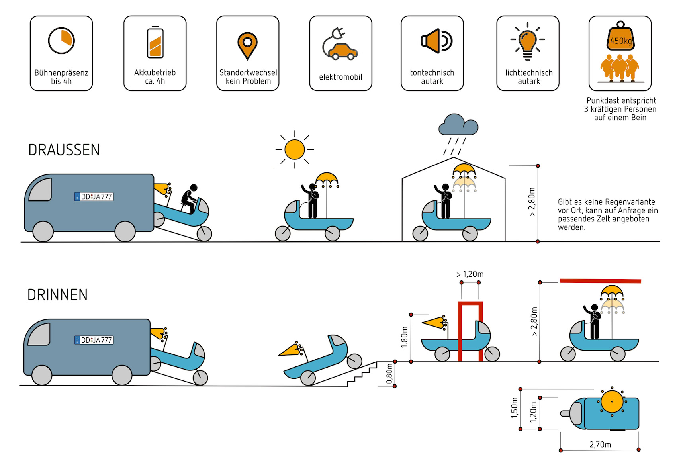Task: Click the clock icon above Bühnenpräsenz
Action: [61, 41]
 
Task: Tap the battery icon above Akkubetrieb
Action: [155, 43]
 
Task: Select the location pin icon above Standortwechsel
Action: [247, 45]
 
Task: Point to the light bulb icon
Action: [527, 42]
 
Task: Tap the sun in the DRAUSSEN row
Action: [295, 149]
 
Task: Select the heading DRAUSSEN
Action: [64, 150]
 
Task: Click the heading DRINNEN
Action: [57, 295]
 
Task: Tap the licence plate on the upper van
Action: [94, 196]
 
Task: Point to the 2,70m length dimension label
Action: [600, 445]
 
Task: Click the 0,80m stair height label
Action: [389, 374]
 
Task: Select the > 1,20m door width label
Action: [470, 274]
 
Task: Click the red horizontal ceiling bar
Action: [600, 281]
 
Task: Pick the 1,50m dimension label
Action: [514, 408]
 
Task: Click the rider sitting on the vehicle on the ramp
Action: [190, 199]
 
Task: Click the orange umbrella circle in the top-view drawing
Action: [612, 402]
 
